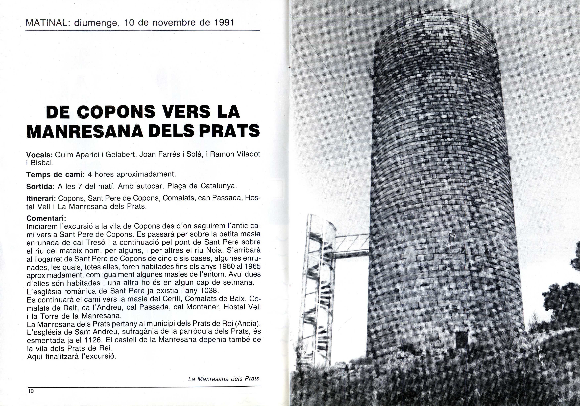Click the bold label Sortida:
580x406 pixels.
coord(40,187)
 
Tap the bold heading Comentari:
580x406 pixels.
coord(46,218)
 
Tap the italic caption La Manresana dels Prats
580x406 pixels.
coord(224,379)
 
